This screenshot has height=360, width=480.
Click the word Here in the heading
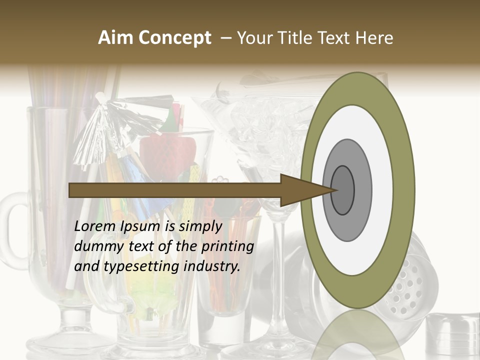(375, 38)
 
